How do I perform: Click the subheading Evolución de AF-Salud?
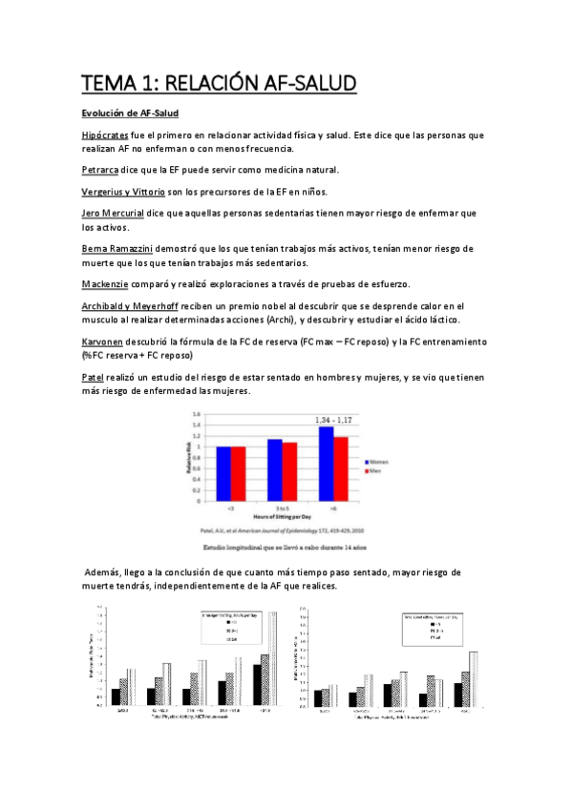pyautogui.click(x=129, y=114)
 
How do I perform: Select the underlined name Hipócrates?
pyautogui.click(x=106, y=136)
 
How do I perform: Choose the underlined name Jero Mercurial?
pyautogui.click(x=119, y=214)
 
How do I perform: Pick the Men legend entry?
pyautogui.click(x=373, y=470)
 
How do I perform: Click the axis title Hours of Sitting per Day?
pyautogui.click(x=283, y=515)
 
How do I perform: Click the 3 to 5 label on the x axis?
pyautogui.click(x=282, y=506)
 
